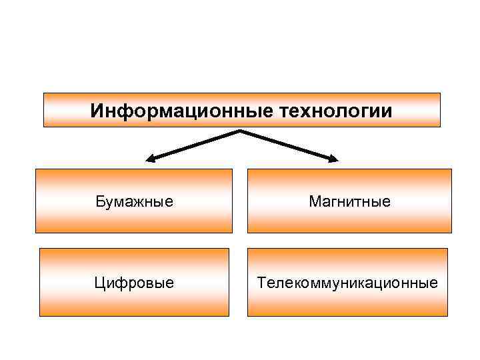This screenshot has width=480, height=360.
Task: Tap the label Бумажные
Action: point(135,201)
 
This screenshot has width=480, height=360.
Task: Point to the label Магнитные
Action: point(349,201)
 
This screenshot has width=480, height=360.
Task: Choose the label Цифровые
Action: point(135,283)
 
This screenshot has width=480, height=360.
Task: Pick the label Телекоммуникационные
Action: point(348,283)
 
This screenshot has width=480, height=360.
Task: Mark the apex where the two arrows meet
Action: point(240,131)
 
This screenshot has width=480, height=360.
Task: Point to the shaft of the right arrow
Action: point(287,145)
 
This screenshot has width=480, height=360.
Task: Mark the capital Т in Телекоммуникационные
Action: point(262,283)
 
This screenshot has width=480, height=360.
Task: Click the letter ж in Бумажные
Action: point(136,201)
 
